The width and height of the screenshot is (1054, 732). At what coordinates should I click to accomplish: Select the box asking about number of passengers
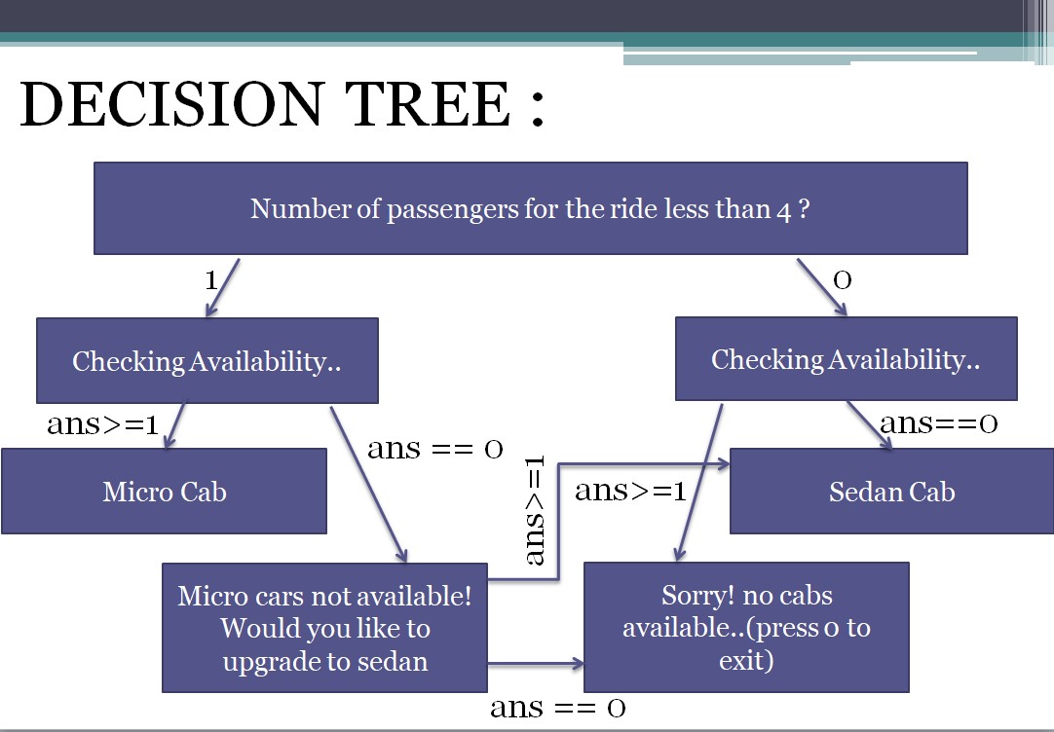[x=530, y=208]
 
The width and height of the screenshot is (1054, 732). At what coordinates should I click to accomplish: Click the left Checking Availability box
[x=207, y=361]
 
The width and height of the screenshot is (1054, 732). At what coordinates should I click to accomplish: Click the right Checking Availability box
[x=846, y=359]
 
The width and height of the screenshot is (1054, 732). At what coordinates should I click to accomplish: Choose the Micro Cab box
[x=164, y=491]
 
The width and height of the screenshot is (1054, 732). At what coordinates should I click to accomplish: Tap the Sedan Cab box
[x=891, y=492]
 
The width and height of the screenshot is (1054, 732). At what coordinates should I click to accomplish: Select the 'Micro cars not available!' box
[x=324, y=627]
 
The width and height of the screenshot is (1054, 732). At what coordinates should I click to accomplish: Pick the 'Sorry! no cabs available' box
[x=745, y=628]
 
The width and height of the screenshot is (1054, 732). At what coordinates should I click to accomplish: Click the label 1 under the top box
[x=210, y=281]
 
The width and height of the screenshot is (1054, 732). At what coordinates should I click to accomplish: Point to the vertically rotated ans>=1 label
[x=537, y=510]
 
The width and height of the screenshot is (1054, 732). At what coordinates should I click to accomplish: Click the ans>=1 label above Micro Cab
[x=102, y=425]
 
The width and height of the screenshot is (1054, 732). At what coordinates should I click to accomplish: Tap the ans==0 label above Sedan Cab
[x=938, y=423]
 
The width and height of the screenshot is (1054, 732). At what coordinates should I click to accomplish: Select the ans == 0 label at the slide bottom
[x=557, y=707]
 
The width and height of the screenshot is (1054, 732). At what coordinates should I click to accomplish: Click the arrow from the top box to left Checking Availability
[x=222, y=287]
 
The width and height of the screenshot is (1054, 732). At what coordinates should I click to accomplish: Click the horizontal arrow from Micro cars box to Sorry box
[x=535, y=665]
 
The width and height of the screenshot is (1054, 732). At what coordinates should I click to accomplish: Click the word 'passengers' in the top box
[x=455, y=209]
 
